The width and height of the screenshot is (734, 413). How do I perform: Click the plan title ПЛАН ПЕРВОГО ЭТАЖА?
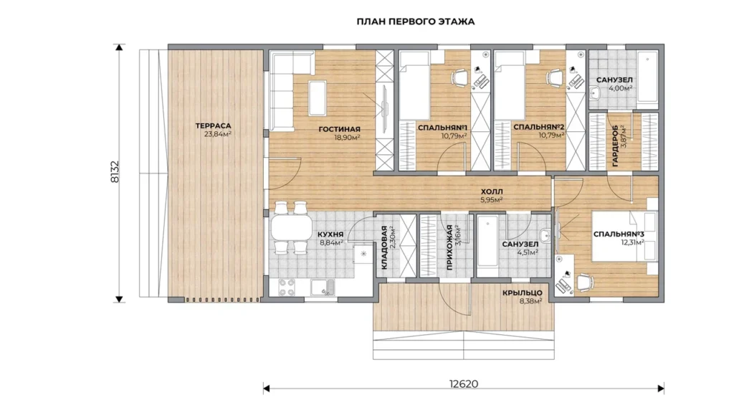[415, 22]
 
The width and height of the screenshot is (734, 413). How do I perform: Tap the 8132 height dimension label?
[115, 172]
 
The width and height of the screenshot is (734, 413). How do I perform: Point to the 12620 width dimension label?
[464, 384]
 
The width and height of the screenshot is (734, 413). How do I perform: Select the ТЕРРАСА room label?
[213, 125]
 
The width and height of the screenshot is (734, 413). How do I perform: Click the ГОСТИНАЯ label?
[339, 129]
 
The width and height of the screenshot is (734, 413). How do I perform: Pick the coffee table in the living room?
[318, 98]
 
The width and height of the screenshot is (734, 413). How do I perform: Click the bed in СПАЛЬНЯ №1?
[415, 85]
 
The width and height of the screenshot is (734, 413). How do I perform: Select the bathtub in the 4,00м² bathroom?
[647, 77]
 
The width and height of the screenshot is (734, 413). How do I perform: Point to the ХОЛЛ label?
[492, 191]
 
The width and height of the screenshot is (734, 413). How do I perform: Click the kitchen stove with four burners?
[287, 288]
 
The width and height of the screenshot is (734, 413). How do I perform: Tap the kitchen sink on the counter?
[323, 288]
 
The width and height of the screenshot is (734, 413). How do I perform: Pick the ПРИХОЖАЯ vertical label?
[449, 247]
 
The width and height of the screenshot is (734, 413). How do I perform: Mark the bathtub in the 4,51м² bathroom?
[487, 246]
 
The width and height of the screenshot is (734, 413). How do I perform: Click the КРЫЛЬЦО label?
[523, 293]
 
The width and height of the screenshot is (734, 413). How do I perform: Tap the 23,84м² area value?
[218, 134]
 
